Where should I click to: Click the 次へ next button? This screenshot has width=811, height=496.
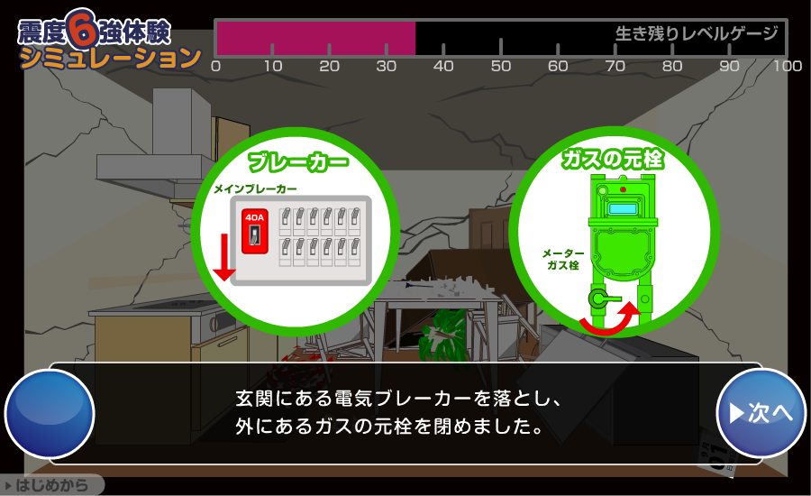pyautogui.click(x=761, y=413)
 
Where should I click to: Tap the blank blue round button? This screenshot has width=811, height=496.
pyautogui.click(x=50, y=414)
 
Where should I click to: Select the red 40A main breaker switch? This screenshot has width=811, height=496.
pyautogui.click(x=254, y=231)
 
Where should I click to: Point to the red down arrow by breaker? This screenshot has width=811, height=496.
pyautogui.click(x=224, y=257)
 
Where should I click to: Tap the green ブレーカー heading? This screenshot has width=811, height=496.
pyautogui.click(x=298, y=162)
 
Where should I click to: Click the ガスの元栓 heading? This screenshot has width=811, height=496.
pyautogui.click(x=613, y=159)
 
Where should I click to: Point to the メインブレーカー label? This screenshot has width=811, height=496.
pyautogui.click(x=256, y=189)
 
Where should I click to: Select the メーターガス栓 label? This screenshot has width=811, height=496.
pyautogui.click(x=563, y=259)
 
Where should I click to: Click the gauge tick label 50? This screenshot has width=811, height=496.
pyautogui.click(x=501, y=66)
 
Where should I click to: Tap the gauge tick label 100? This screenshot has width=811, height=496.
pyautogui.click(x=788, y=66)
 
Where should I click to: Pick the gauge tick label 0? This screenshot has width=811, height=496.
pyautogui.click(x=216, y=66)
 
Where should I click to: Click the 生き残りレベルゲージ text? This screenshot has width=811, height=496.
pyautogui.click(x=697, y=33)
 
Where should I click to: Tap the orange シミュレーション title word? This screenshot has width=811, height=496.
pyautogui.click(x=110, y=58)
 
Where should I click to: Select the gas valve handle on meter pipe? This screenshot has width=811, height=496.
pyautogui.click(x=604, y=299)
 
